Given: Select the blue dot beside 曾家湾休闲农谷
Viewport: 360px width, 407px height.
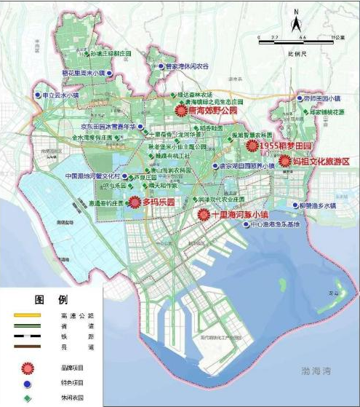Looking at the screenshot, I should click(162, 66).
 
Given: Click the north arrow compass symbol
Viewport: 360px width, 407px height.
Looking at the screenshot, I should click(297, 21).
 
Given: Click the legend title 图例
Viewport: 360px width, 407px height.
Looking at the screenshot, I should click(51, 300).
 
